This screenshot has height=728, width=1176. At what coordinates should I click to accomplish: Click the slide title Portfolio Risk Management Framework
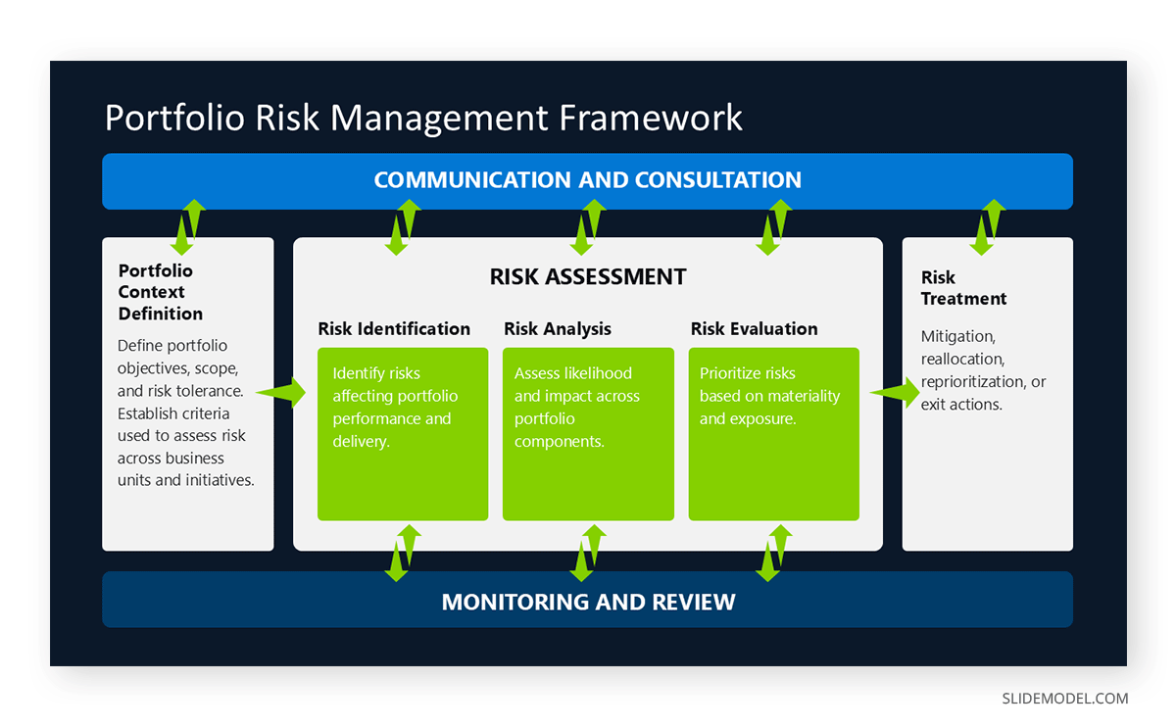pos(423,118)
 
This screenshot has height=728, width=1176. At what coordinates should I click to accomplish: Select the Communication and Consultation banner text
pos(587,180)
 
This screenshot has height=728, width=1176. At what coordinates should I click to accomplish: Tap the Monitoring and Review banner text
pos(588,601)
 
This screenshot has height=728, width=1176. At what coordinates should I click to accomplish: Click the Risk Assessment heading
pos(588,276)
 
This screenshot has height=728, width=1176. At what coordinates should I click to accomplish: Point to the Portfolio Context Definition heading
pos(160,292)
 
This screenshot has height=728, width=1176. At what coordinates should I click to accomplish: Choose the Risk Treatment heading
pos(962,288)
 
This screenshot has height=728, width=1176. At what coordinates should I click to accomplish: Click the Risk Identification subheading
pos(394,329)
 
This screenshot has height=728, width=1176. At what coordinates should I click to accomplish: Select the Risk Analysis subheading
pos(557,329)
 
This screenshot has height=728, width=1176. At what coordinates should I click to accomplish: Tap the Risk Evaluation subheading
pos(754,329)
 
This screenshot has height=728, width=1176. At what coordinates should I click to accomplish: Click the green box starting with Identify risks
pos(402,433)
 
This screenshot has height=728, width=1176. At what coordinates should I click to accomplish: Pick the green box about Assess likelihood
pos(588,433)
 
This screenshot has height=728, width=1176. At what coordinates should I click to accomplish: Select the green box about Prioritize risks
pos(773,433)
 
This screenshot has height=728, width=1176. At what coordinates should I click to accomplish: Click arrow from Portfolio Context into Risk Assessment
pos(282,393)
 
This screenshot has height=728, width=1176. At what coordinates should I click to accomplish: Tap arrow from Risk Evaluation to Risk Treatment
pos(893,393)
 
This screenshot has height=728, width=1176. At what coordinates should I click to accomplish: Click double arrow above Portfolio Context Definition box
pos(187,226)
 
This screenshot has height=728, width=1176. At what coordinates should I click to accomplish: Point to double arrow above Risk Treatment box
pos(987,226)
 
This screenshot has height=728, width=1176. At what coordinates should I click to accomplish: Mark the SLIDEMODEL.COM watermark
pos(1064,699)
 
